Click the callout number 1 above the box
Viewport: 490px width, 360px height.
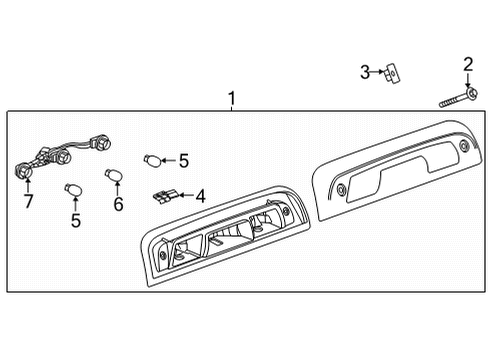[232, 99]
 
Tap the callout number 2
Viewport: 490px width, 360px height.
[467, 66]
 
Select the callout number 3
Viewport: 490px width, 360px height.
[366, 71]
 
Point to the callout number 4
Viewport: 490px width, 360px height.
[200, 196]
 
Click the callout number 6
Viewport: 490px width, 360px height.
[117, 204]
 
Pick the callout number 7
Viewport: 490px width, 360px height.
[27, 201]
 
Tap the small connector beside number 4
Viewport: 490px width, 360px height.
[164, 193]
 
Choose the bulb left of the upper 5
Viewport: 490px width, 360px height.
[152, 158]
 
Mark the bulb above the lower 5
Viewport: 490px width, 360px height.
[71, 187]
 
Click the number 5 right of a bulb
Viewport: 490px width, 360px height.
[183, 159]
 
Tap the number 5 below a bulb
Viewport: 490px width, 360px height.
[76, 221]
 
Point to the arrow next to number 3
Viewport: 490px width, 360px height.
[379, 71]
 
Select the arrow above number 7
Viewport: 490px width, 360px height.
[27, 186]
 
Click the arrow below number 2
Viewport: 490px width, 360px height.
[467, 84]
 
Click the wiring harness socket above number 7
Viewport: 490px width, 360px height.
[22, 170]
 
